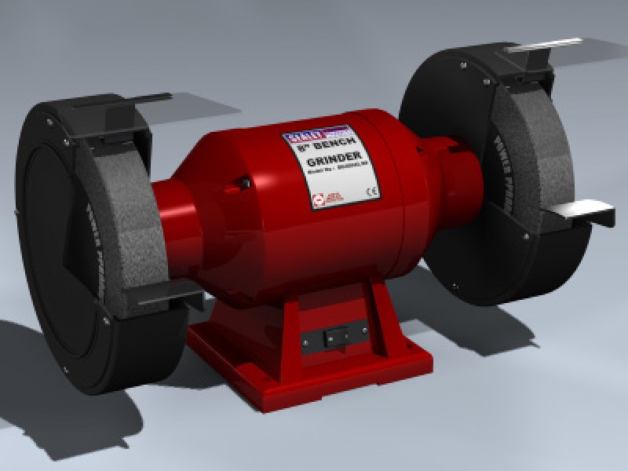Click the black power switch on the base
[x=334, y=336]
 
